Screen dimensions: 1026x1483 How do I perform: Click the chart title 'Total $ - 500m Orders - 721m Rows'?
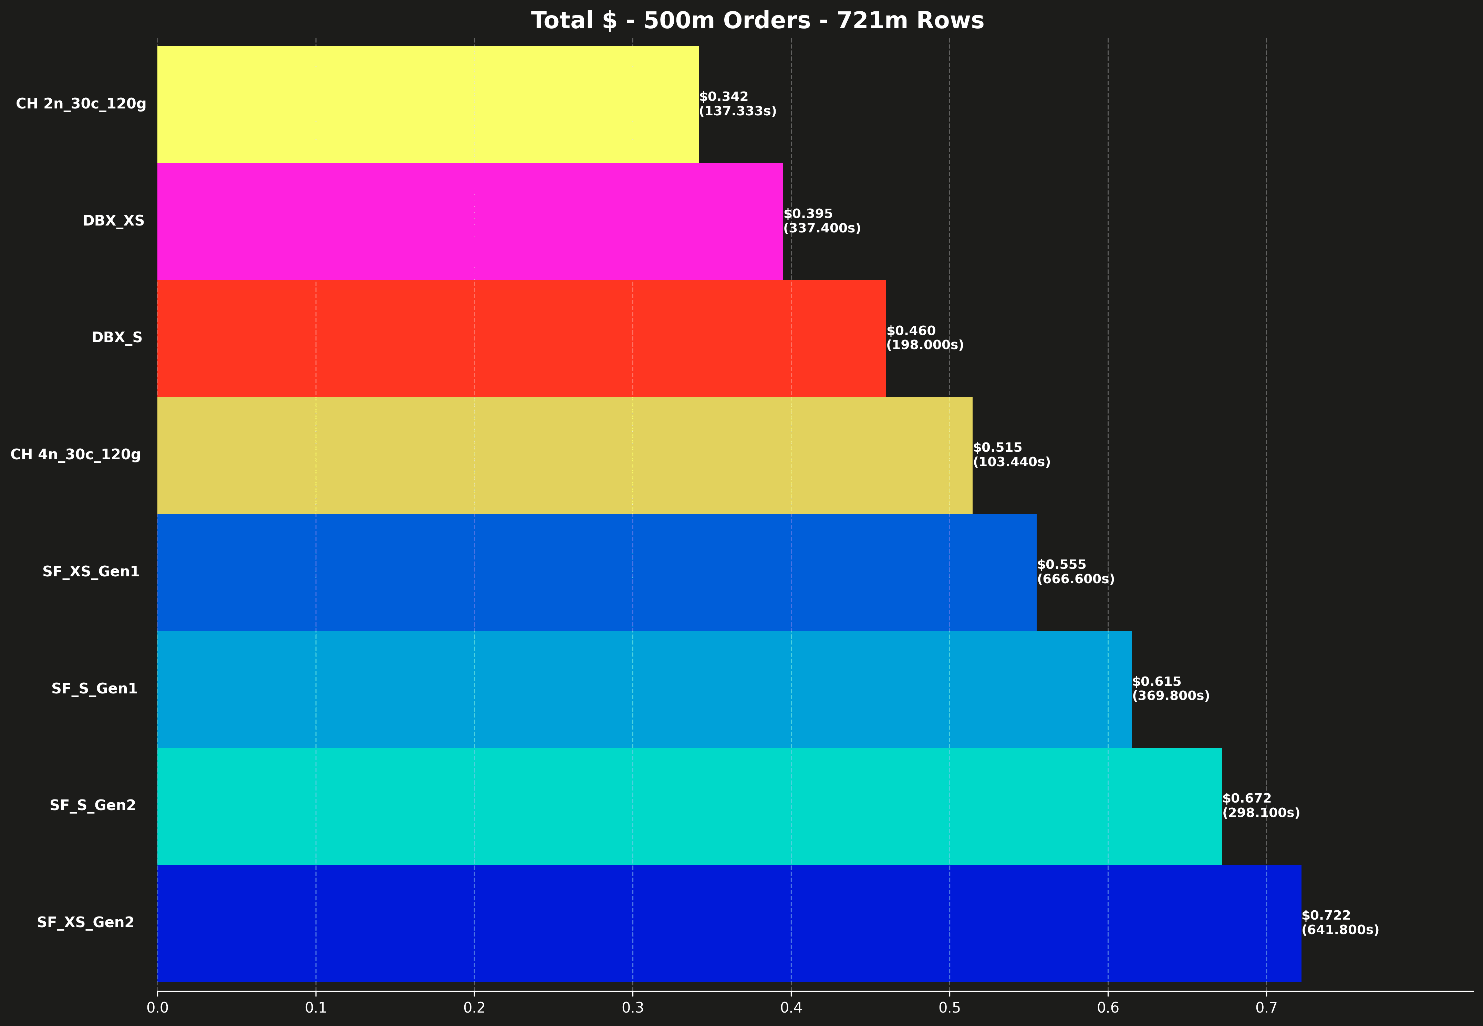pyautogui.click(x=757, y=21)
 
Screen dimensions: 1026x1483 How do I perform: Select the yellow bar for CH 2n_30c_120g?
pyautogui.click(x=428, y=104)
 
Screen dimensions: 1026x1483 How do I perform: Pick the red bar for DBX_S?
pyautogui.click(x=521, y=338)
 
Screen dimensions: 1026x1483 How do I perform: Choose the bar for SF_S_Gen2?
pyautogui.click(x=689, y=806)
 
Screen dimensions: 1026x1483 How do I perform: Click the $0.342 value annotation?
pyautogui.click(x=724, y=97)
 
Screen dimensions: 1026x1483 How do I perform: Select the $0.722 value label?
pyautogui.click(x=1326, y=915)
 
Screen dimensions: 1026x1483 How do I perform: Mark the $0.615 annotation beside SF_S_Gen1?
pyautogui.click(x=1156, y=681)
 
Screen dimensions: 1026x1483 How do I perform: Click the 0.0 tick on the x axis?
pyautogui.click(x=157, y=1007)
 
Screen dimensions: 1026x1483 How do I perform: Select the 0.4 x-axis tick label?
pyautogui.click(x=791, y=1007)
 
